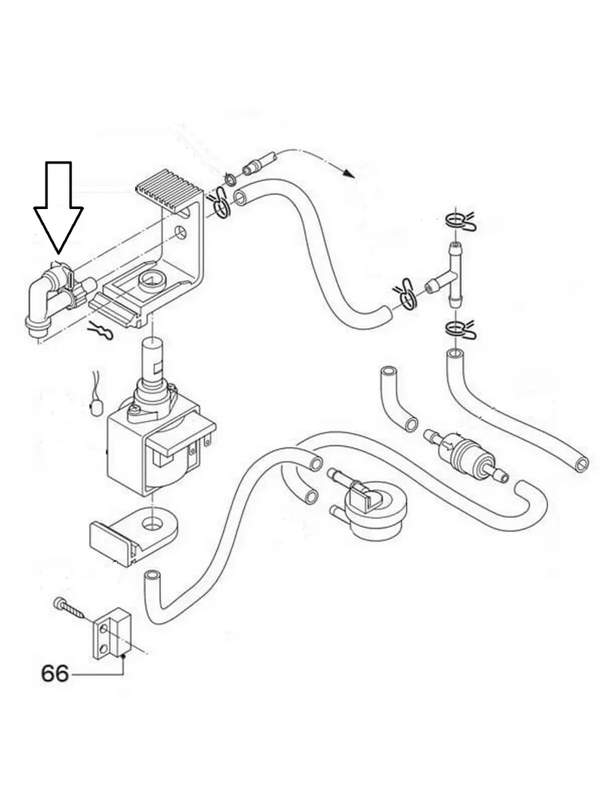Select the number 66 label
click(54, 673)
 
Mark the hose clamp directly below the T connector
click(459, 330)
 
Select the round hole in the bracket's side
click(179, 232)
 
